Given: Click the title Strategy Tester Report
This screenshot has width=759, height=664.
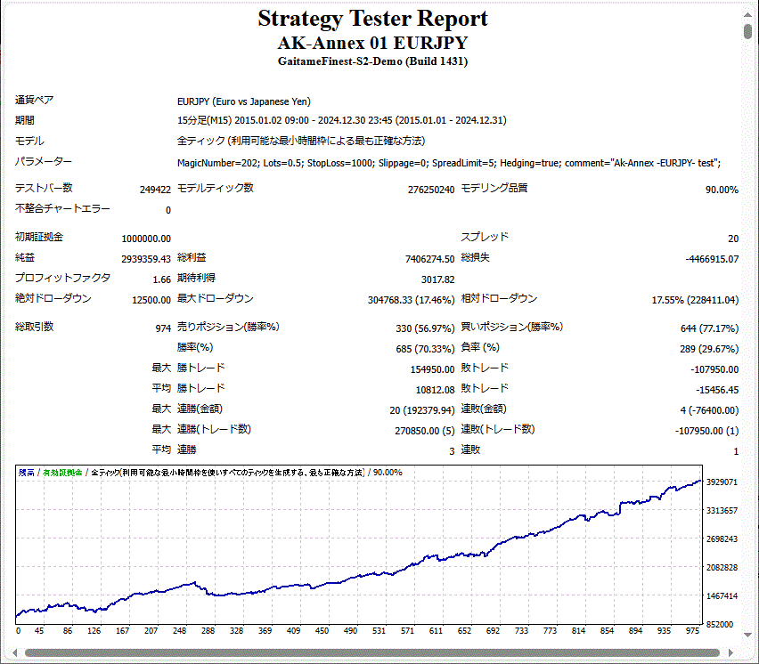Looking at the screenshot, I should (x=372, y=19).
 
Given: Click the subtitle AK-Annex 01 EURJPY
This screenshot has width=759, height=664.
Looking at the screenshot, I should (x=372, y=43).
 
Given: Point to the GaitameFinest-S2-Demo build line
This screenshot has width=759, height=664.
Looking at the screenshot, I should (x=372, y=61).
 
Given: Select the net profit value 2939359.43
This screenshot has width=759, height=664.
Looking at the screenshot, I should (x=146, y=259).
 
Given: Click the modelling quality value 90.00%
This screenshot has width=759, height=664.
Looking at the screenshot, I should (x=720, y=190).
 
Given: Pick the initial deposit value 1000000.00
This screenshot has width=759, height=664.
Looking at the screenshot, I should (x=146, y=239).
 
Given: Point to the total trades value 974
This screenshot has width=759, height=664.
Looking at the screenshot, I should (x=162, y=328).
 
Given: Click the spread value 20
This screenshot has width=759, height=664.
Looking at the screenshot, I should (x=732, y=239).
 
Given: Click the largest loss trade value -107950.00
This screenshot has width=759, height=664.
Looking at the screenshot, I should (x=714, y=369).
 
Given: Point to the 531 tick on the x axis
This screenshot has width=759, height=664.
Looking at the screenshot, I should (x=379, y=630).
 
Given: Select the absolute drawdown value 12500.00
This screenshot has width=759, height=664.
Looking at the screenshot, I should (x=149, y=300).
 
